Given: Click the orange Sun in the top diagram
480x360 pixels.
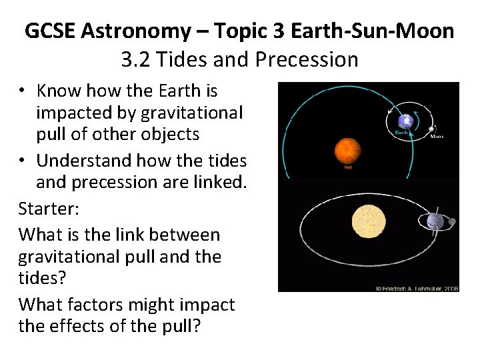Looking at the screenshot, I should [x=348, y=151].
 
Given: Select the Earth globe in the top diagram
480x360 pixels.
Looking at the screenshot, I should [x=404, y=121].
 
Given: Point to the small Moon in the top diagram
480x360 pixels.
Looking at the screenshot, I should [x=432, y=129].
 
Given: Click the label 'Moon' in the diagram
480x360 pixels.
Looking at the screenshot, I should [x=437, y=137].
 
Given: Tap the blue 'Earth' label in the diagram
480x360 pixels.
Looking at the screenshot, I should [x=401, y=133].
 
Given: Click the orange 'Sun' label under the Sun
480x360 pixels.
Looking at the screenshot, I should [x=348, y=168].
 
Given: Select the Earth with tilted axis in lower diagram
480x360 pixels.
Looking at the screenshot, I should [x=435, y=221].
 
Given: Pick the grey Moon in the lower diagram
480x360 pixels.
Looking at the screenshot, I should [x=451, y=221].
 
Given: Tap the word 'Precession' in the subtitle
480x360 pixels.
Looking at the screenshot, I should [x=307, y=60].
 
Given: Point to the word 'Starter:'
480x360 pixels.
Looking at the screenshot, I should [x=49, y=209].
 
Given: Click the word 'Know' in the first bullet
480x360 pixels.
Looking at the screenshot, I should [x=59, y=91].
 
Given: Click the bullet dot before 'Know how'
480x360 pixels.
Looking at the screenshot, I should [x=23, y=91].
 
